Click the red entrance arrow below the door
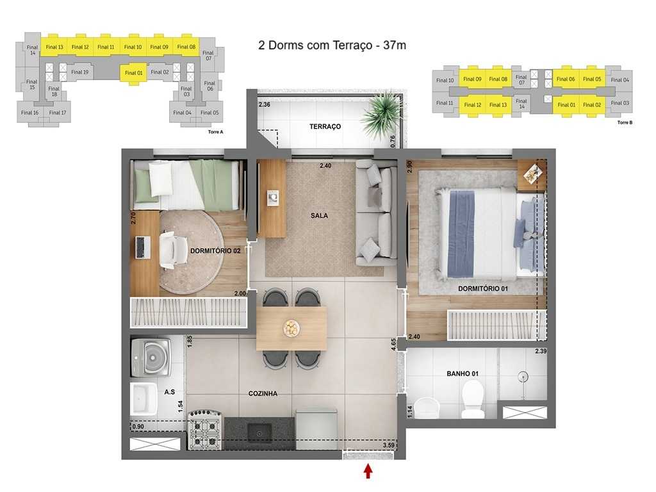pos(368,471)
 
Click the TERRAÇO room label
pos(325,127)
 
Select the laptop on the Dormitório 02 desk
pos(142,247)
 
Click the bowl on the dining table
pos(291,328)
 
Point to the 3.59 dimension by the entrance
pos(388,445)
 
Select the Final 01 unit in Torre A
pos(133,73)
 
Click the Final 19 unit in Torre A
pos(80,72)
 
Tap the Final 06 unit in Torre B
pos(565,80)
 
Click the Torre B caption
pos(625,122)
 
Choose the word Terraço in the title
pos(354,45)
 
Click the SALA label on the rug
pos(319,215)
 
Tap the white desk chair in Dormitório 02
pos(172,249)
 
